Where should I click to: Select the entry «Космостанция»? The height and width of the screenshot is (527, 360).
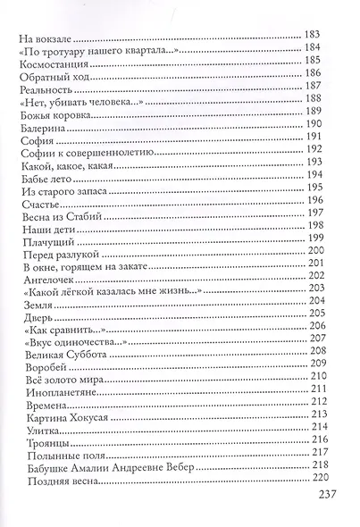pyautogui.click(x=55, y=65)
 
